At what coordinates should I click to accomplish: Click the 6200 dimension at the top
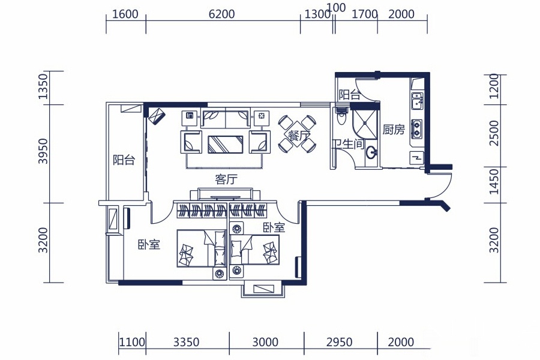(222, 14)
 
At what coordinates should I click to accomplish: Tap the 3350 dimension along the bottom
(187, 342)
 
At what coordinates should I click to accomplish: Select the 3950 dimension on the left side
(43, 151)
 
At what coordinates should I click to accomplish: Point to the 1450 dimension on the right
(494, 182)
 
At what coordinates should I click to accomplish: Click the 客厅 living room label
(226, 179)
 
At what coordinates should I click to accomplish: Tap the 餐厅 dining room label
(298, 135)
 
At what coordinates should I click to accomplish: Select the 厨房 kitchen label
(394, 130)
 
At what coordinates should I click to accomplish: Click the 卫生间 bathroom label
(348, 144)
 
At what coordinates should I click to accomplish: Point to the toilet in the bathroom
(341, 116)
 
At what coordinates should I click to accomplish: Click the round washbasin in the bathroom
(371, 152)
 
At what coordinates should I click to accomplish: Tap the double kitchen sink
(418, 101)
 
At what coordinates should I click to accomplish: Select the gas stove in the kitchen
(416, 129)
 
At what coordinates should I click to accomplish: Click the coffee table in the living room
(225, 145)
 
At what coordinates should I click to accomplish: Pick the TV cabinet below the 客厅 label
(225, 194)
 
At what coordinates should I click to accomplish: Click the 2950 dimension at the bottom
(339, 342)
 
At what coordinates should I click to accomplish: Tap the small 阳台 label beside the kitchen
(349, 95)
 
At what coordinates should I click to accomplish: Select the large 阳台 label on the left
(124, 160)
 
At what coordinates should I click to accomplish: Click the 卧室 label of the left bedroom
(149, 245)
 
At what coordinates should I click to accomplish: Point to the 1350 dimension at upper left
(43, 86)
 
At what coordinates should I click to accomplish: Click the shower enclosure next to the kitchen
(364, 124)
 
